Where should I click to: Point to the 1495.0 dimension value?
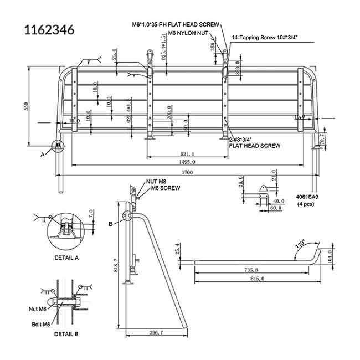coord(187,162)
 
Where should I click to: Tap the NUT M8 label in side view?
coord(157,181)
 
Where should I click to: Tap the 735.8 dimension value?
coord(250,269)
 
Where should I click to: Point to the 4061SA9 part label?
coord(308,197)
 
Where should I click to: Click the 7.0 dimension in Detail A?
coord(92,213)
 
